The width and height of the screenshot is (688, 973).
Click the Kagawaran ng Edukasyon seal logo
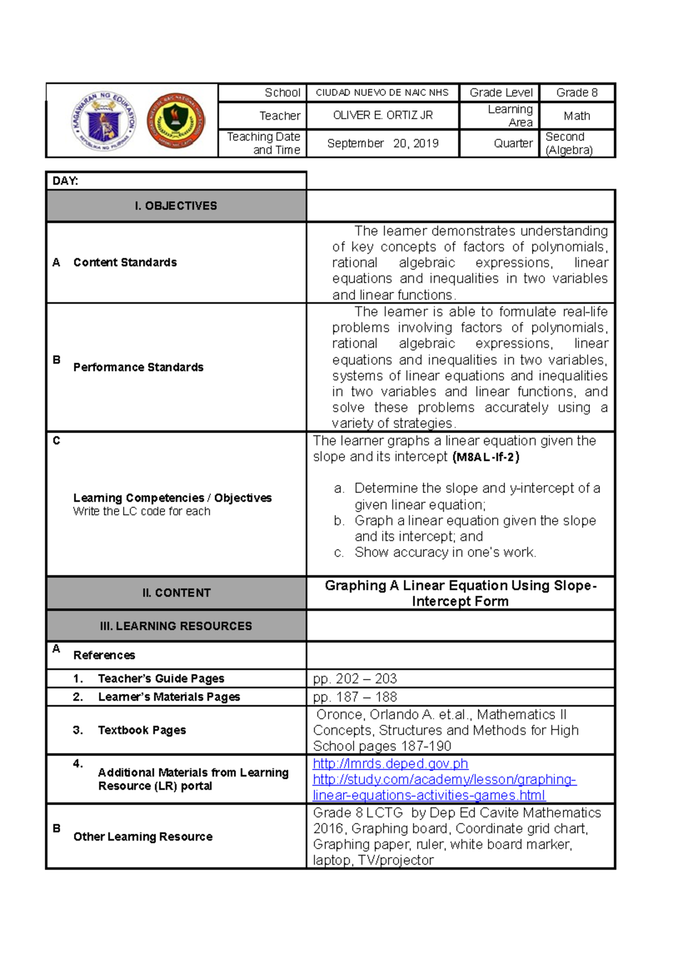[x=104, y=121]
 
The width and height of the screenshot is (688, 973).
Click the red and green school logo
[x=176, y=120]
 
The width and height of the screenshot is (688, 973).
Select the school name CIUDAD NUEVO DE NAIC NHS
[x=382, y=93]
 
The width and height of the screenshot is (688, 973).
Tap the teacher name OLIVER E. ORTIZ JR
[x=382, y=115]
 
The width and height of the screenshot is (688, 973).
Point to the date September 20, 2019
[x=382, y=143]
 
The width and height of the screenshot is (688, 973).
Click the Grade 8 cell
[x=577, y=93]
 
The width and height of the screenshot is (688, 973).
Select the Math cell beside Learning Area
[x=577, y=116]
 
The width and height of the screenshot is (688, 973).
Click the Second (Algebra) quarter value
[x=569, y=143]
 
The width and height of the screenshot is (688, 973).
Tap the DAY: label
[x=65, y=181]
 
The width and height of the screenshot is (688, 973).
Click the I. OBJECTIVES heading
[x=176, y=206]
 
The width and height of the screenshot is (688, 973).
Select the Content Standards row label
[x=125, y=262]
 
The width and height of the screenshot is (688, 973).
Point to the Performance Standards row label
[x=138, y=367]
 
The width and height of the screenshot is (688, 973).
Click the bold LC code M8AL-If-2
[x=486, y=457]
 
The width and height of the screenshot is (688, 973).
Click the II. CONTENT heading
[x=176, y=593]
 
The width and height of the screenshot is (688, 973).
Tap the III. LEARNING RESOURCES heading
[x=176, y=626]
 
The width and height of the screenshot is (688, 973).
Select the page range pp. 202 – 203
[x=355, y=678]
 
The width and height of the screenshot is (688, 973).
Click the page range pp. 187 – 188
[x=355, y=697]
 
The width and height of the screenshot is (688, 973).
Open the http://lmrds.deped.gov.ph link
[x=390, y=764]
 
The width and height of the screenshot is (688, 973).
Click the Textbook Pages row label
[x=142, y=730]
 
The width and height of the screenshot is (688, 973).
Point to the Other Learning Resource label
[x=143, y=837]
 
